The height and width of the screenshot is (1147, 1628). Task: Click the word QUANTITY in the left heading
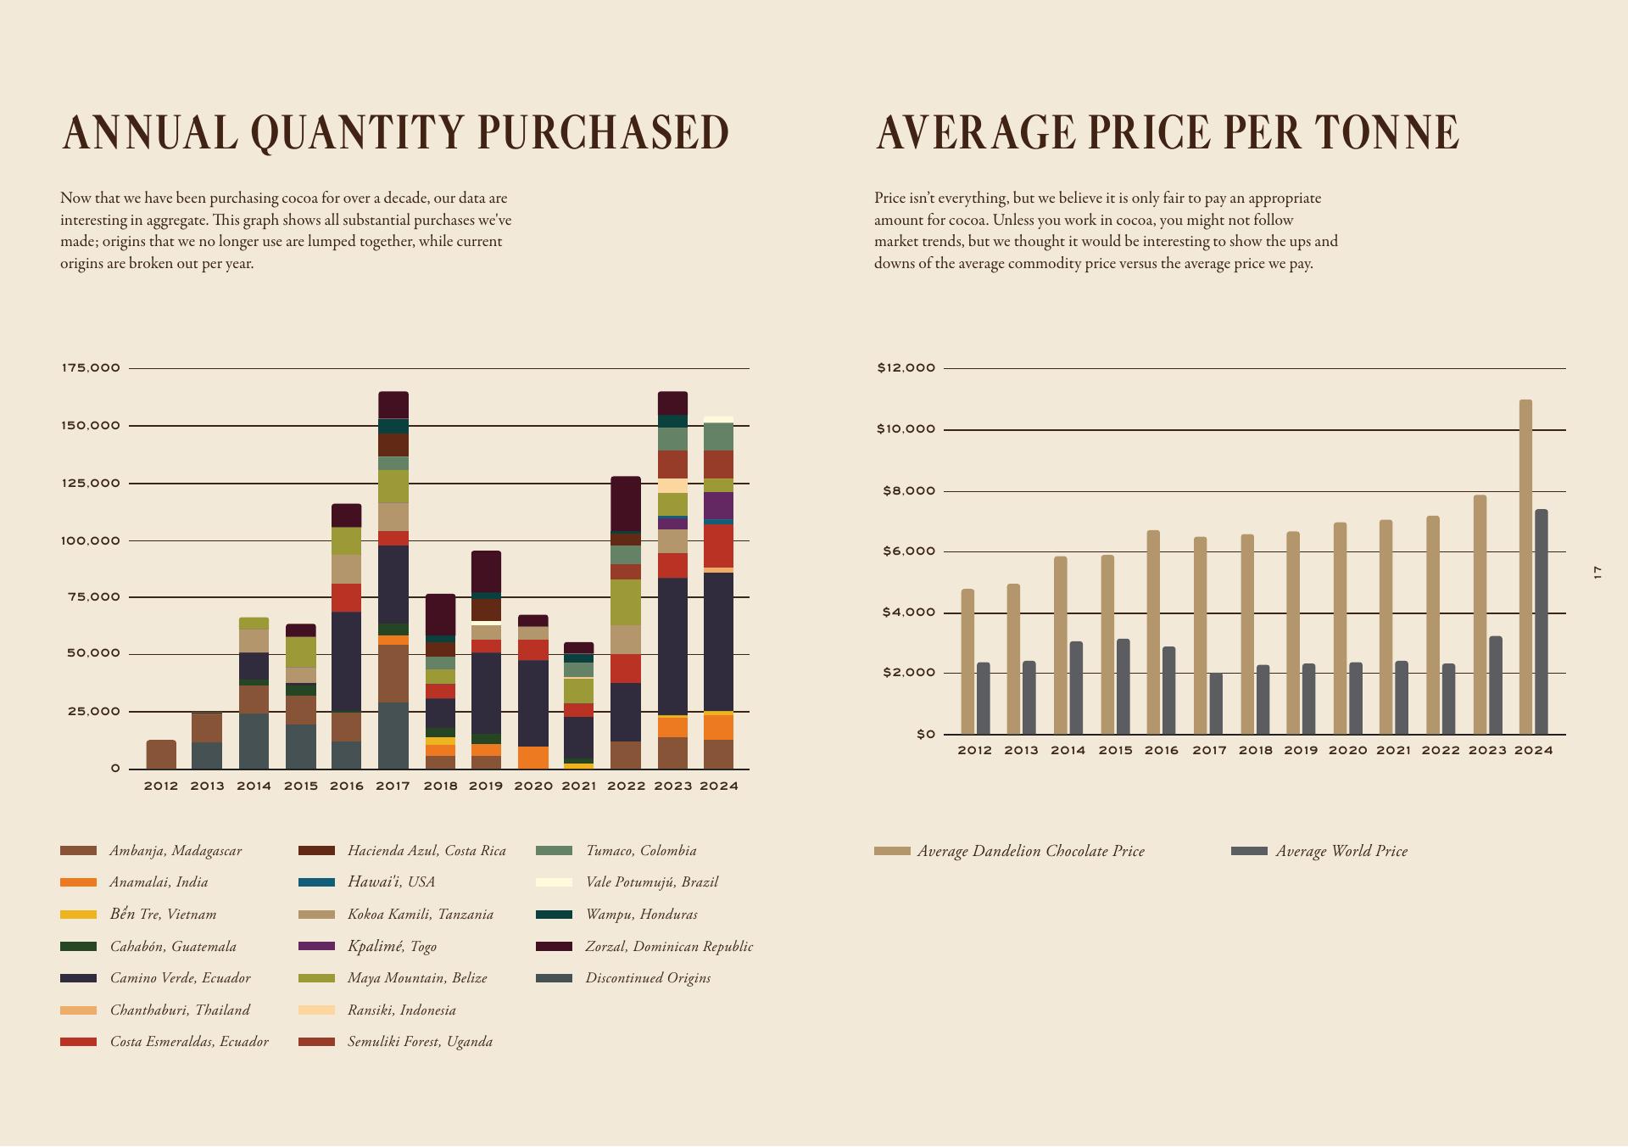click(x=357, y=133)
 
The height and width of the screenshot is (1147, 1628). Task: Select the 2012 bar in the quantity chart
click(x=161, y=754)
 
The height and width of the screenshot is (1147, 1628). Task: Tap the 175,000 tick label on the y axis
click(x=91, y=368)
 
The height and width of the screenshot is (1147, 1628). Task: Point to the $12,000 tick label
click(x=906, y=368)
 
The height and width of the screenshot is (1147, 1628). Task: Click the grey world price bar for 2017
click(x=1216, y=703)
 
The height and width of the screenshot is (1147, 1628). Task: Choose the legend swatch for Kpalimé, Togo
click(x=316, y=946)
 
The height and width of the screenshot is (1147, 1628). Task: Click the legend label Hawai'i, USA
click(x=391, y=882)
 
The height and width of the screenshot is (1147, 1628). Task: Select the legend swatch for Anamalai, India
click(x=78, y=882)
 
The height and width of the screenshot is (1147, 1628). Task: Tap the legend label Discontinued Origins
click(x=648, y=978)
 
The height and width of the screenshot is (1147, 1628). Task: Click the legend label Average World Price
click(x=1341, y=851)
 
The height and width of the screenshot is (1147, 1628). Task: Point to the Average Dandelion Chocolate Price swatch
click(x=892, y=851)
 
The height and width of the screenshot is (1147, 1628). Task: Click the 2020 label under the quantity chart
click(x=532, y=786)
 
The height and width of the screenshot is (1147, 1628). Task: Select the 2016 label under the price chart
click(x=1161, y=751)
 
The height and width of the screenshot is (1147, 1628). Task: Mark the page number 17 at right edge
click(x=1597, y=573)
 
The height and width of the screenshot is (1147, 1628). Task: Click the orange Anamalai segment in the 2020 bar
click(x=532, y=758)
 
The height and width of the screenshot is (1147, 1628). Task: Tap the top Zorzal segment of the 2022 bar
click(x=626, y=504)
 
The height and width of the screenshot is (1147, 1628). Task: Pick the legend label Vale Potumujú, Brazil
click(x=651, y=882)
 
